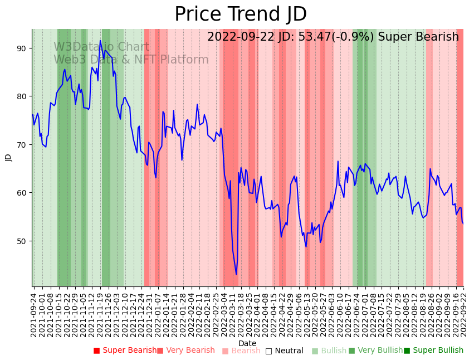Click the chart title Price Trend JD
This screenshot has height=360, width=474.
pyautogui.click(x=241, y=14)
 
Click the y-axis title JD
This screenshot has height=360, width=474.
pyautogui.click(x=8, y=158)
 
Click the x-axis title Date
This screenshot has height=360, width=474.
pyautogui.click(x=247, y=343)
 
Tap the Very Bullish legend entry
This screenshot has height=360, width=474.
pyautogui.click(x=375, y=351)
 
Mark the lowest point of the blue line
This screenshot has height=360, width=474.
pyautogui.click(x=236, y=274)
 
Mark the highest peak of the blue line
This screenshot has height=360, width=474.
pyautogui.click(x=100, y=41)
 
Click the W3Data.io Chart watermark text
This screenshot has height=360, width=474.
pyautogui.click(x=101, y=47)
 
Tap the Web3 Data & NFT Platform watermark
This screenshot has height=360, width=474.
pyautogui.click(x=131, y=60)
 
